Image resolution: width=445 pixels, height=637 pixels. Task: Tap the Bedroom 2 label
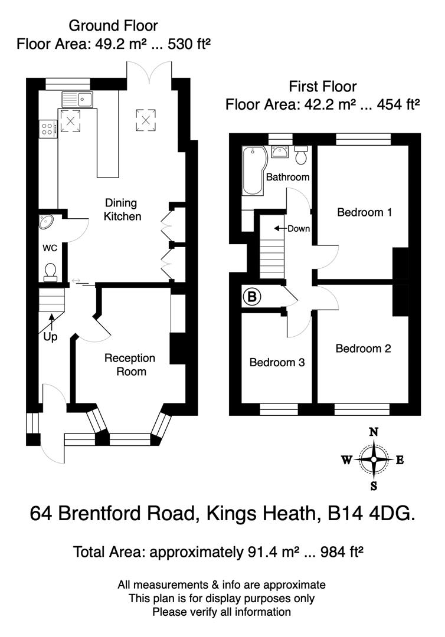click(x=363, y=349)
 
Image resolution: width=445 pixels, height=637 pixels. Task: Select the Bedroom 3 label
click(x=277, y=362)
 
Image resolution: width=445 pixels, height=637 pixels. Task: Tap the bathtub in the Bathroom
click(x=253, y=171)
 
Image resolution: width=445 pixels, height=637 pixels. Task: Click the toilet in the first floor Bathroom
click(x=301, y=156)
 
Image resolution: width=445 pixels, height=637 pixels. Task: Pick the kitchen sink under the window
click(x=77, y=99)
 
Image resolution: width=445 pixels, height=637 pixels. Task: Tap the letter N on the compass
click(x=373, y=432)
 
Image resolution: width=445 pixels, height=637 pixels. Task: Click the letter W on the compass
click(x=346, y=460)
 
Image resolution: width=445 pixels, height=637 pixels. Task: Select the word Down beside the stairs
click(x=298, y=229)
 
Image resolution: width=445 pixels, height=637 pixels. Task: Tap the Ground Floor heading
click(x=113, y=25)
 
